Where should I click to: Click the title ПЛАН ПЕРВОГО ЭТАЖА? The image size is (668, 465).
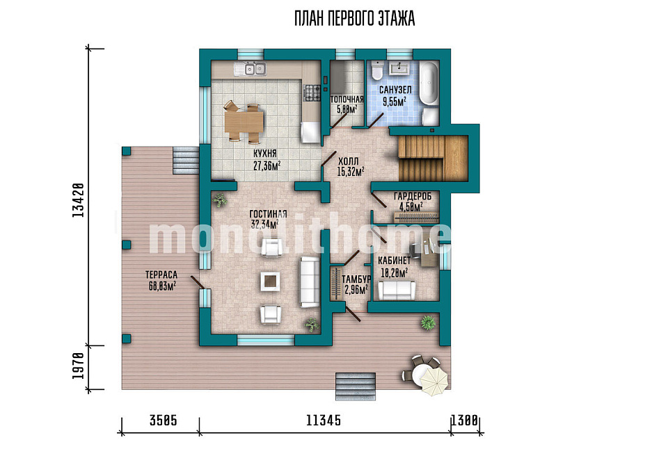(354, 19)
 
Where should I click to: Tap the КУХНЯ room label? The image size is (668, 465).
(265, 154)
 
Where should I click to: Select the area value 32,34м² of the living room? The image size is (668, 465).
(264, 225)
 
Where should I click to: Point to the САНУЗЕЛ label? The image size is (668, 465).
(395, 90)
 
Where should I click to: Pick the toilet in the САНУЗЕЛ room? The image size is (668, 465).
(377, 70)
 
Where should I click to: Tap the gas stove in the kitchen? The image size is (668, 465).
(312, 92)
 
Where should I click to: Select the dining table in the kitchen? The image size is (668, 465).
(244, 122)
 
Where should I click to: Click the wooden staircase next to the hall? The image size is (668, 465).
(434, 158)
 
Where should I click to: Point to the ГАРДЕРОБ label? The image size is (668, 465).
(413, 196)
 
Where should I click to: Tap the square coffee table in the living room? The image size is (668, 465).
(271, 282)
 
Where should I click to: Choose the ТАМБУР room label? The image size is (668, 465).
(356, 279)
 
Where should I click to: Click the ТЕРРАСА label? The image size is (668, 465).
(161, 275)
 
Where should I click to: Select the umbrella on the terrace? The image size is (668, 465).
(434, 380)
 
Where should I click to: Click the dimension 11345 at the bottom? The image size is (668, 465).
(324, 421)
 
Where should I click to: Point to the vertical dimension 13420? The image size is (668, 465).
(77, 200)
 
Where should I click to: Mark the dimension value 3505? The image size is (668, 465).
(163, 421)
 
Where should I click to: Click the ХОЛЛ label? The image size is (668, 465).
(348, 162)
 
